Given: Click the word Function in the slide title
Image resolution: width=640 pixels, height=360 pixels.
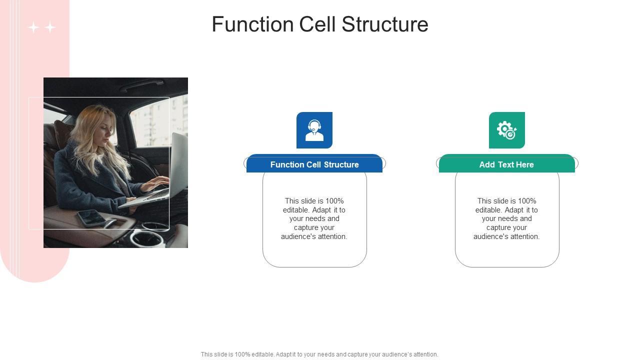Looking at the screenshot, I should click(252, 24).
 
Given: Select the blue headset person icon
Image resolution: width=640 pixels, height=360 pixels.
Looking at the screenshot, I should click(314, 130).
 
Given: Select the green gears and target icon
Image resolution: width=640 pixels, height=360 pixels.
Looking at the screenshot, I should click(506, 130).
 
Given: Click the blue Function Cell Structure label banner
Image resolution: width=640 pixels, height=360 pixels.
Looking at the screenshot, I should click(314, 164).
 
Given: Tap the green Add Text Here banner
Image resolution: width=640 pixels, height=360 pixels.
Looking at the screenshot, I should click(506, 164).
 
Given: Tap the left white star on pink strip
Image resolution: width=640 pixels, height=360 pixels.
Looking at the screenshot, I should click(33, 27).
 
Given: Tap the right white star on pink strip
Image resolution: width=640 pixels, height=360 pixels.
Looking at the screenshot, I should click(50, 27).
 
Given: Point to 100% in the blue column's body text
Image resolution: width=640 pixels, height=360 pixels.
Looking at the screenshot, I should click(334, 201).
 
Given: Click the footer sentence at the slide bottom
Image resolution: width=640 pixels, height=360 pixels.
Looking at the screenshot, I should click(319, 354).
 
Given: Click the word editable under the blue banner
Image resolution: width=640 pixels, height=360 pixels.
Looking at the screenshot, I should click(295, 210).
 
